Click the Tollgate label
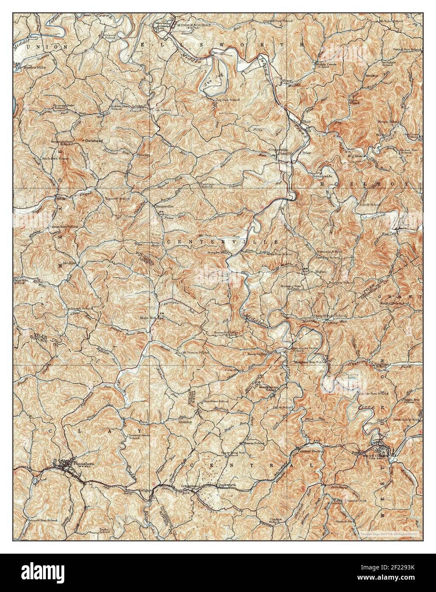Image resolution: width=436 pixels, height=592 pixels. (x=146, y=490)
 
